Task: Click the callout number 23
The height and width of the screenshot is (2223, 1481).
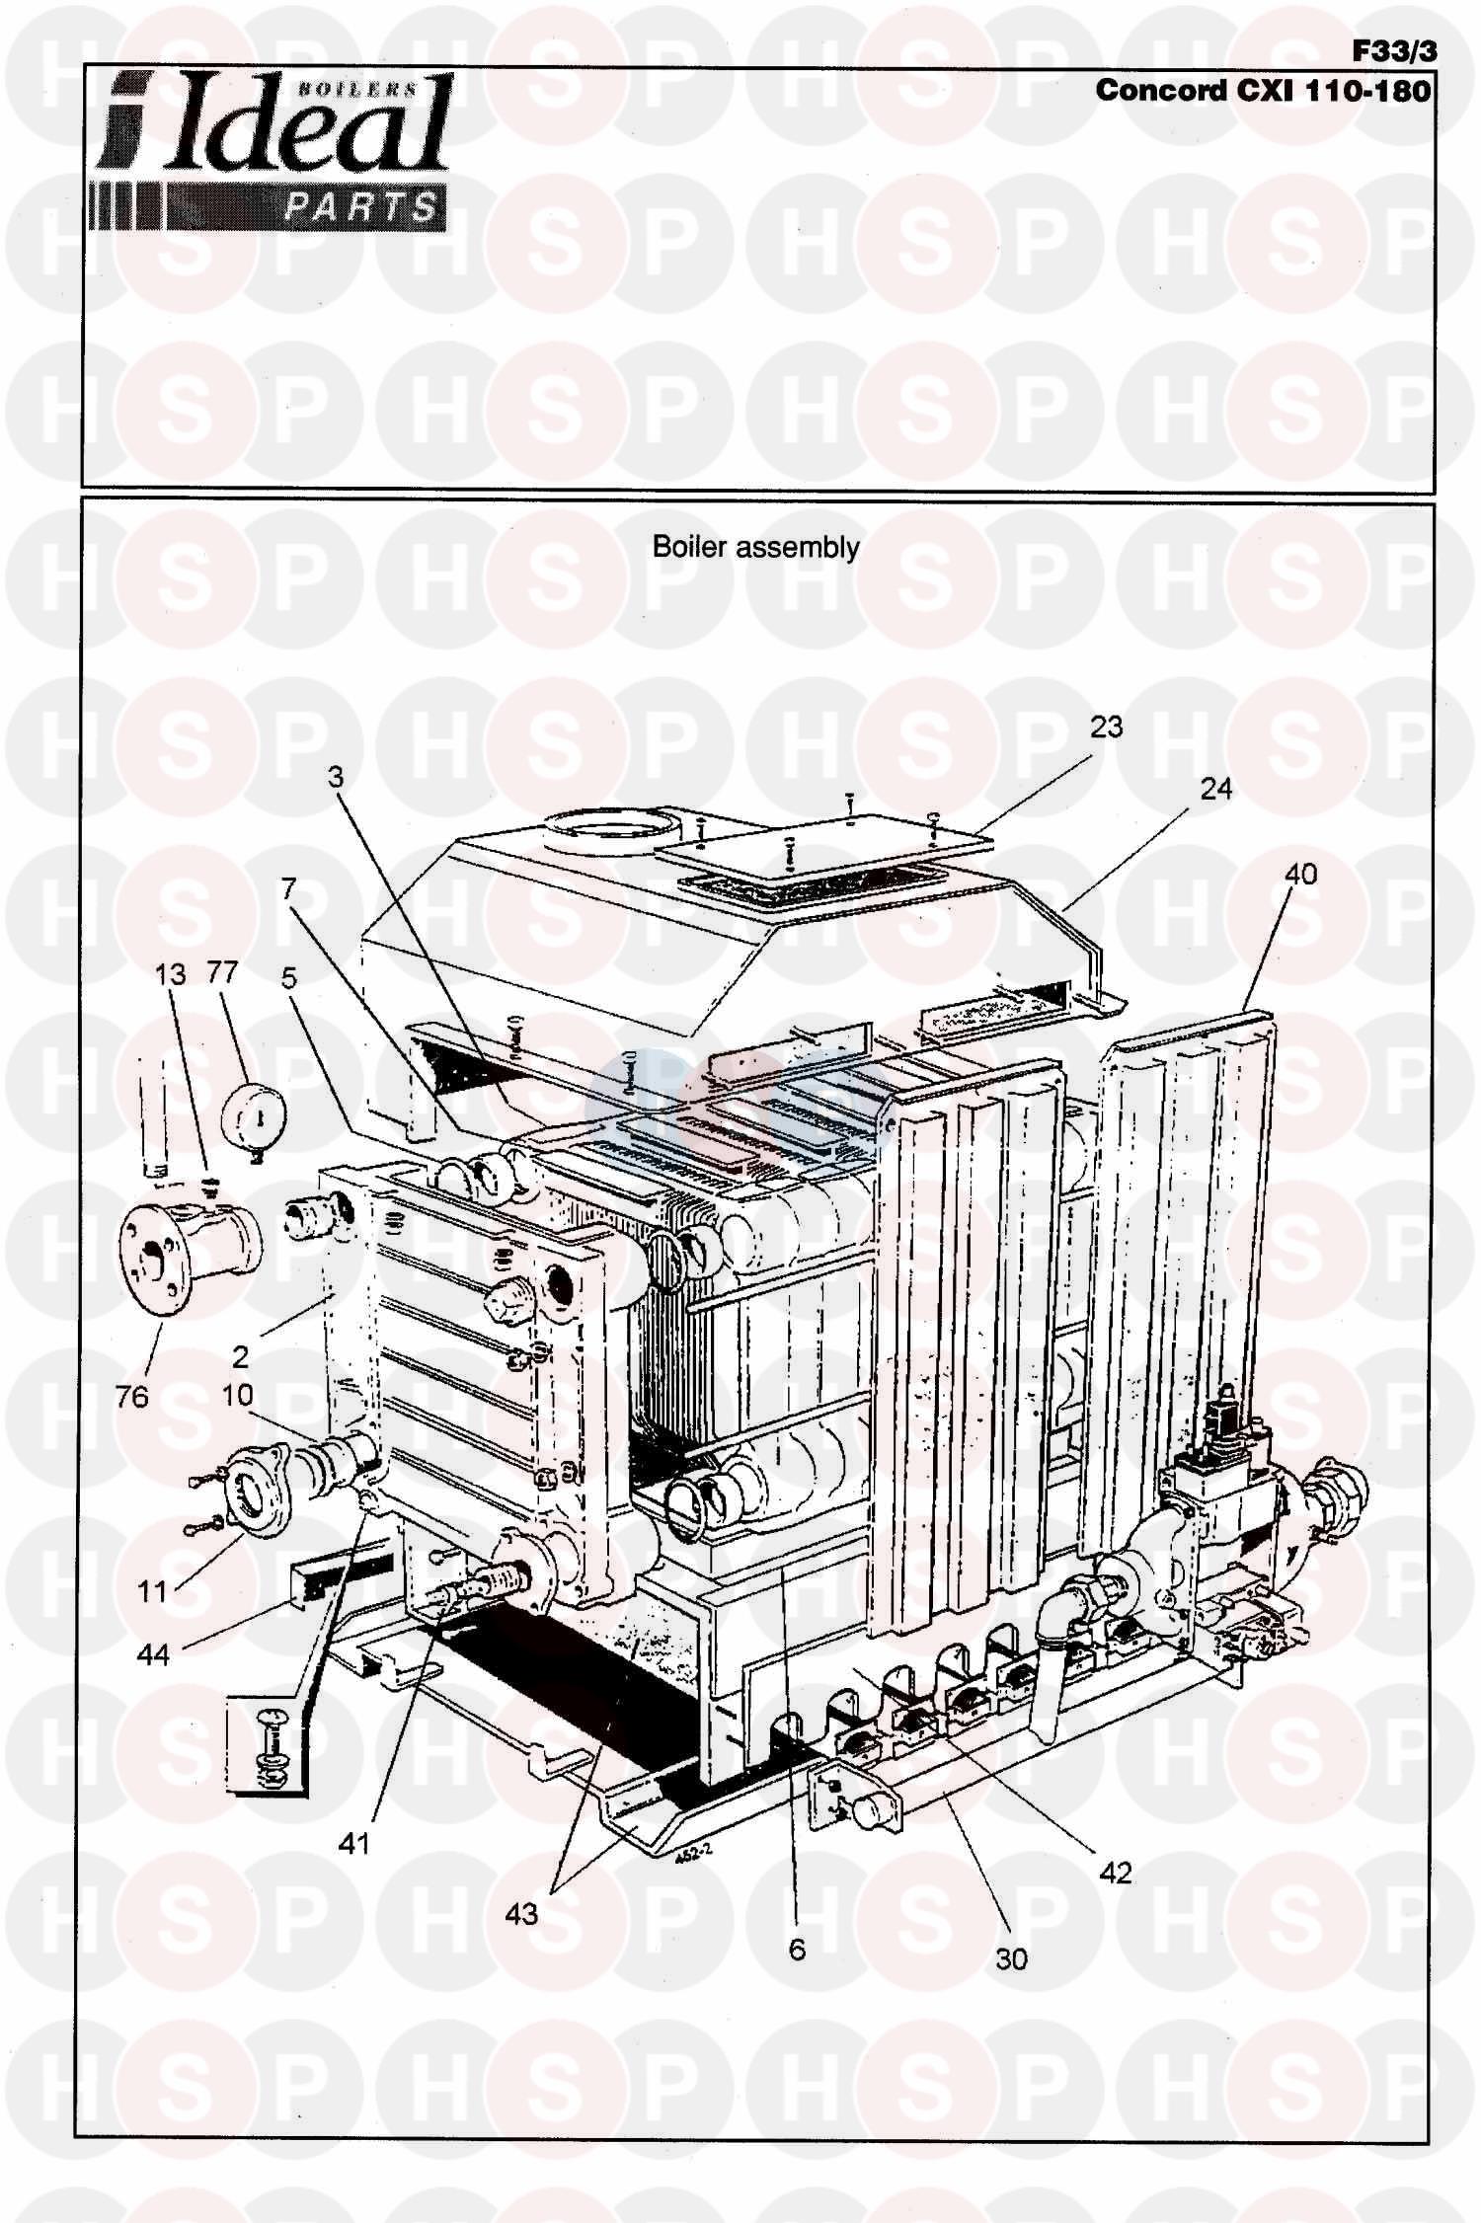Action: coord(1106,728)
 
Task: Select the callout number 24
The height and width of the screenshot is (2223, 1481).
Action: coord(1216,789)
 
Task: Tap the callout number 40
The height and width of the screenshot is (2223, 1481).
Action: coord(1300,875)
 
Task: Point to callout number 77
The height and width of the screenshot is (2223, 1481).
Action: coord(223,973)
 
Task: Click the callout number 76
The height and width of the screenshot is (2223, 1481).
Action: coord(131,1397)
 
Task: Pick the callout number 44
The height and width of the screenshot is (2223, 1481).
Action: coord(153,1655)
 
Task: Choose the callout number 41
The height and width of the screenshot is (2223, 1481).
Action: coord(352,1843)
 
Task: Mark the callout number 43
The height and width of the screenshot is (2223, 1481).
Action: coord(521,1914)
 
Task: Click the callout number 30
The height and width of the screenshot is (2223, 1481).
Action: coord(1011,1959)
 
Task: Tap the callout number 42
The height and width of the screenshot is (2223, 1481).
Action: coord(1115,1873)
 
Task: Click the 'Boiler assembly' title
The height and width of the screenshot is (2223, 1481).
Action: coord(755,548)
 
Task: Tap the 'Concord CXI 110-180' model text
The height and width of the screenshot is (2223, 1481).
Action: coord(1262,91)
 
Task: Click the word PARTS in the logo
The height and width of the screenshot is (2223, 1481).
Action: coord(360,207)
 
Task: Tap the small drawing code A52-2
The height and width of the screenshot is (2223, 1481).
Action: coord(694,1858)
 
